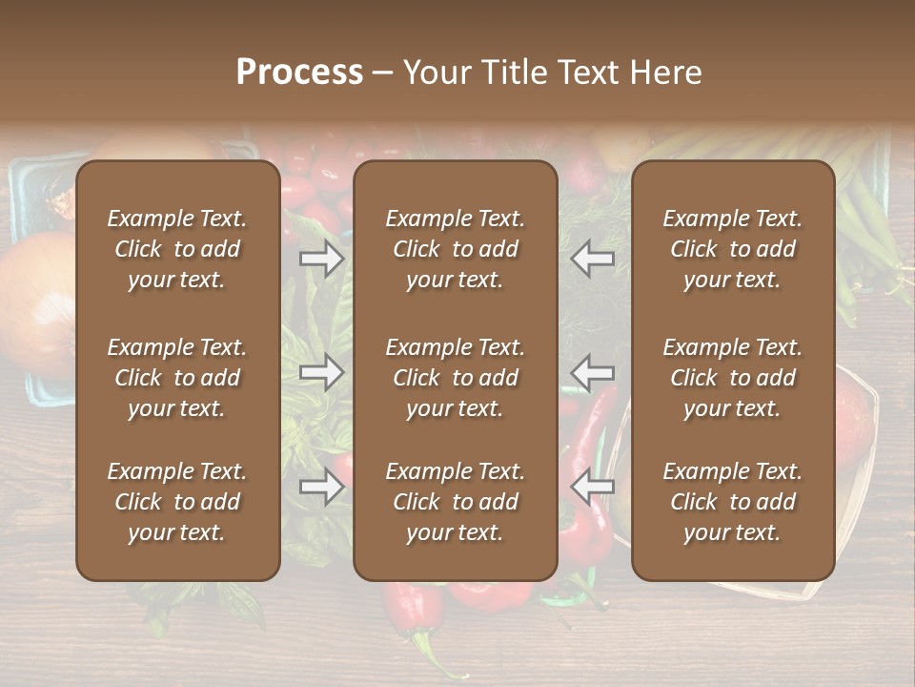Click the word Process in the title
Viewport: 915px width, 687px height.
point(299,73)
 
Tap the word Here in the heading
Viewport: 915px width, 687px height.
point(665,73)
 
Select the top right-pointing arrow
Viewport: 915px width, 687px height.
point(322,259)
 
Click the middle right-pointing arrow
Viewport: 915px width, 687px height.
point(322,371)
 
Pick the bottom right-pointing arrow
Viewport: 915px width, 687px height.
point(322,487)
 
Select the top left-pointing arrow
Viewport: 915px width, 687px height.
point(593,259)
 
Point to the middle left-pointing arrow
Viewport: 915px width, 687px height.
point(593,371)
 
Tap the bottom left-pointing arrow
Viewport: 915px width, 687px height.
point(593,487)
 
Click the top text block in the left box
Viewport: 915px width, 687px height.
point(177,249)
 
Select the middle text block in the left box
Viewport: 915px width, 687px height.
point(177,378)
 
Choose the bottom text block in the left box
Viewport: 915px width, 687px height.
point(177,502)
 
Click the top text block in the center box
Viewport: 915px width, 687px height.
point(456,249)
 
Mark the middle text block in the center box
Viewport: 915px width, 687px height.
point(456,378)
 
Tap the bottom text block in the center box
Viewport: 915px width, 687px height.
point(456,502)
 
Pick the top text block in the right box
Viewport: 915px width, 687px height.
point(733,249)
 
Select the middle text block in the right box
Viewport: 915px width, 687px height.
point(733,378)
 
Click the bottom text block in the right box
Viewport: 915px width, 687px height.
point(733,502)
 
